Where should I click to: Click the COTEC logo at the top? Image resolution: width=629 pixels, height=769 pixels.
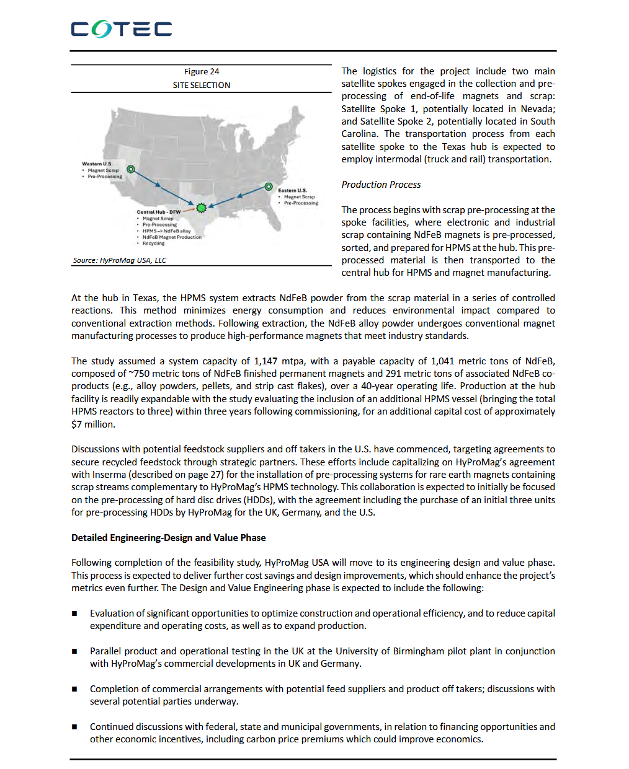pyautogui.click(x=121, y=29)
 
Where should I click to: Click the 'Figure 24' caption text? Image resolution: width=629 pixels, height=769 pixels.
pyautogui.click(x=201, y=71)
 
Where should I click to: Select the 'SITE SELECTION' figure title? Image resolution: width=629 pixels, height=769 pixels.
pyautogui.click(x=201, y=85)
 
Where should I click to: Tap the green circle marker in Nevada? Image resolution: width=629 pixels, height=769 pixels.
pyautogui.click(x=131, y=169)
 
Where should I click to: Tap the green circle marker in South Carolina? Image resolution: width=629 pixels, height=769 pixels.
pyautogui.click(x=269, y=187)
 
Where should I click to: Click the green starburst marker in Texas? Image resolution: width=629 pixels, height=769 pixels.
pyautogui.click(x=201, y=208)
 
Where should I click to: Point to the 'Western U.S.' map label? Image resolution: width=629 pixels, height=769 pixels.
pyautogui.click(x=97, y=164)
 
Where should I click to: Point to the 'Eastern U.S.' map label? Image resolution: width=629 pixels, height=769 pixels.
pyautogui.click(x=292, y=190)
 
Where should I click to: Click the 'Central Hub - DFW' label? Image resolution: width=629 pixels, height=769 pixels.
pyautogui.click(x=158, y=212)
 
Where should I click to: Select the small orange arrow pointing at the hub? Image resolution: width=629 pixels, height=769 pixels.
pyautogui.click(x=189, y=210)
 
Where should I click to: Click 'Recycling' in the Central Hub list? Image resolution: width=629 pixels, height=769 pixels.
pyautogui.click(x=153, y=244)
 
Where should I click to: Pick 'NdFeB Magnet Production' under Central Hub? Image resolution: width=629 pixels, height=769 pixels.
pyautogui.click(x=172, y=237)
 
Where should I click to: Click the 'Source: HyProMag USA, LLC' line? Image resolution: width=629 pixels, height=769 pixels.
pyautogui.click(x=120, y=260)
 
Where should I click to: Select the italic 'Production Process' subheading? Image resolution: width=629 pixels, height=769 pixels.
pyautogui.click(x=381, y=185)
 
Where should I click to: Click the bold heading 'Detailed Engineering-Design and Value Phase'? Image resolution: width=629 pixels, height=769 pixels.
pyautogui.click(x=168, y=538)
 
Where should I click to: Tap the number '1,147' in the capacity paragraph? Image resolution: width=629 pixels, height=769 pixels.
pyautogui.click(x=265, y=361)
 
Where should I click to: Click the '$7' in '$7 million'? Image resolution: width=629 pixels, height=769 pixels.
pyautogui.click(x=76, y=424)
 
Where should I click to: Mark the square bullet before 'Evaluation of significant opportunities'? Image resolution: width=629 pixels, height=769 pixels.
pyautogui.click(x=74, y=613)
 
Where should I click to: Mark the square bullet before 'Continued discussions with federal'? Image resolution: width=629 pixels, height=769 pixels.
pyautogui.click(x=74, y=727)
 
